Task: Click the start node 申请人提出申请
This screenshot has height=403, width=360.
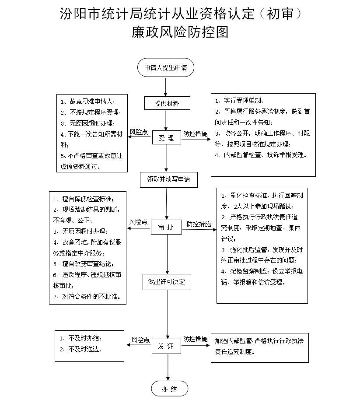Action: (x=166, y=67)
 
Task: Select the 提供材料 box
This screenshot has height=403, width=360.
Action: (x=167, y=103)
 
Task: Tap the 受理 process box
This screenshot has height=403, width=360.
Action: (x=167, y=138)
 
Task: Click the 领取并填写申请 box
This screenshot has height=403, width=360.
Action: (x=168, y=179)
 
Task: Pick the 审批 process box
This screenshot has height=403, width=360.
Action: (x=166, y=227)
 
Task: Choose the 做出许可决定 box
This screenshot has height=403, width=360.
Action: (x=167, y=282)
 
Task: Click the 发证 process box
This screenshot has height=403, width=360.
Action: (x=166, y=347)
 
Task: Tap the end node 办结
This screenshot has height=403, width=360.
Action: (x=170, y=389)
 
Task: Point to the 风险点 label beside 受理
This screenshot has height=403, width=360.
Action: (x=139, y=132)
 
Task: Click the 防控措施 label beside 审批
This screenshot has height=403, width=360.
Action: (x=199, y=224)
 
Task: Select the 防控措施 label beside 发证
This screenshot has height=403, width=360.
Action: (x=195, y=339)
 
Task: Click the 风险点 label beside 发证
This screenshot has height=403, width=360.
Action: (x=140, y=340)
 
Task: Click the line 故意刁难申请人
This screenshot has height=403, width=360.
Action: (x=88, y=102)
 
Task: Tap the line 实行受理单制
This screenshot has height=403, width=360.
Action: (x=239, y=101)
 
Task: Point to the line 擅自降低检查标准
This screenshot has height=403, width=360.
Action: (x=84, y=199)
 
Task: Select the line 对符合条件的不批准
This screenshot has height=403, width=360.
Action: (x=87, y=297)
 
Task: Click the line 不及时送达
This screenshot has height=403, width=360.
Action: (x=81, y=349)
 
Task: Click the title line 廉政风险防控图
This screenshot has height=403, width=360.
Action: (x=180, y=32)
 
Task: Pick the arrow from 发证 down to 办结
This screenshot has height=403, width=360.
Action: (x=168, y=367)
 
